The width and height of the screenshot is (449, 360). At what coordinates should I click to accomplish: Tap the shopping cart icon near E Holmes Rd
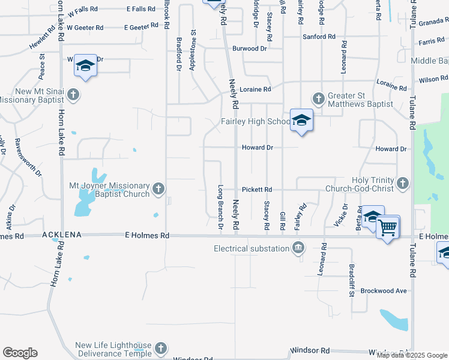pos(388,227)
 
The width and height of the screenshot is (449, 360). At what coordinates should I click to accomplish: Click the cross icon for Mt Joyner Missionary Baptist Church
pos(158,189)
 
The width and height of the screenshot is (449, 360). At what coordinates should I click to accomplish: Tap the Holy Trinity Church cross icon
pos(402,182)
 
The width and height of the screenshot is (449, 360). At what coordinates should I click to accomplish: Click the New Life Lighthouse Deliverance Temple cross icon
pos(160,348)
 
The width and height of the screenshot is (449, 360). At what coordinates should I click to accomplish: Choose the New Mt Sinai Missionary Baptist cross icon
pos(73,95)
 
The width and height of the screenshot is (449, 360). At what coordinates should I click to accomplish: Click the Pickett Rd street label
pos(258,189)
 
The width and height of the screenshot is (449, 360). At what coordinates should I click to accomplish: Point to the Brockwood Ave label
pos(384,291)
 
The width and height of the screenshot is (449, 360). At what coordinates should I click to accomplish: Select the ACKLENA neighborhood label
pos(62,236)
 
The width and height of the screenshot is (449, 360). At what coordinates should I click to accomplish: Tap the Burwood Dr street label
pos(249,48)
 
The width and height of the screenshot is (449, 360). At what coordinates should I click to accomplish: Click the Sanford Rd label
pos(319,37)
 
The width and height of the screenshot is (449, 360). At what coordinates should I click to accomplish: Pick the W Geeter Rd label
pos(85,28)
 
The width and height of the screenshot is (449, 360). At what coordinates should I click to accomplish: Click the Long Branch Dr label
pos(220,207)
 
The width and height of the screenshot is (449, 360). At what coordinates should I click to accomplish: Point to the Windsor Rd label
pos(310,350)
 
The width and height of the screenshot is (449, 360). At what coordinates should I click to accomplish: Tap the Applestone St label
pos(193,51)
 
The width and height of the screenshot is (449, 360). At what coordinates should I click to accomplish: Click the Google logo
pos(20,353)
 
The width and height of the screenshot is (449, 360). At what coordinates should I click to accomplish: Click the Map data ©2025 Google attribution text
pos(411,355)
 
